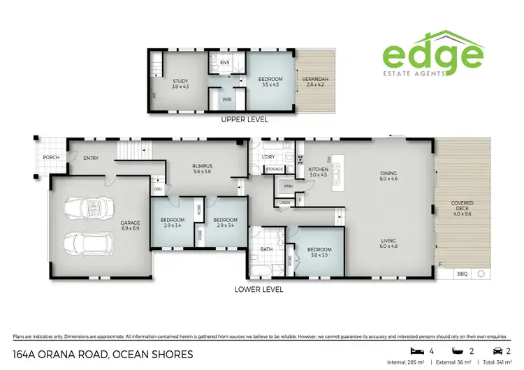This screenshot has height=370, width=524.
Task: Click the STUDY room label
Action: [181, 82]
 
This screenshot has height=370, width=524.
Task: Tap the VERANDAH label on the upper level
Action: [315, 79]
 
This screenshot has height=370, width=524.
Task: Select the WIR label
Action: [227, 100]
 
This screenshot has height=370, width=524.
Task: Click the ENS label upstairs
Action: [224, 63]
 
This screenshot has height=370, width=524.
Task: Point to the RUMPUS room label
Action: [202, 165]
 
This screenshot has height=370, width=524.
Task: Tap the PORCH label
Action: [50, 157]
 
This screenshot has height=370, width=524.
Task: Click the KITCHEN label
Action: [318, 170]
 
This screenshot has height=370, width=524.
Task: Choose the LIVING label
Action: [388, 242]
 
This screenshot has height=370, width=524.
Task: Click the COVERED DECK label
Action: [462, 207]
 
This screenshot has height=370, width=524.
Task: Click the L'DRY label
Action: [269, 157]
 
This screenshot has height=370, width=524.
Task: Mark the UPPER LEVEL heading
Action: [244, 119]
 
